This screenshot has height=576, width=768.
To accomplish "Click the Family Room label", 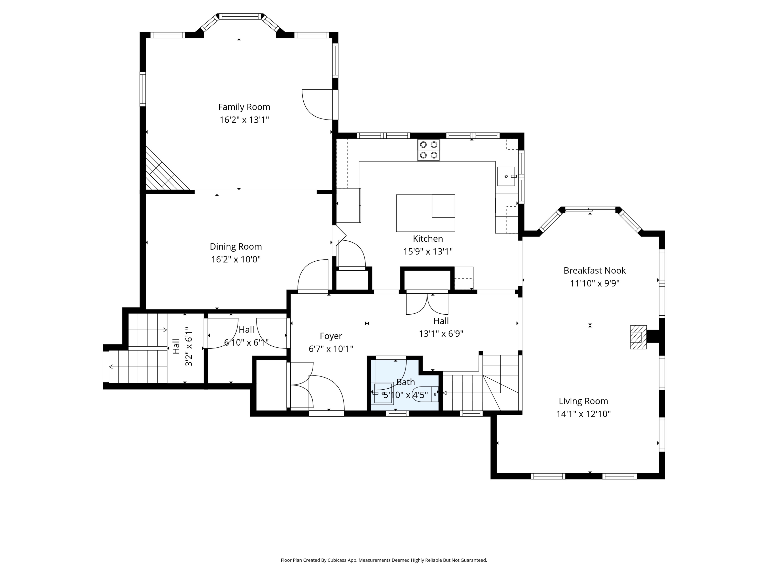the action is point(244,107).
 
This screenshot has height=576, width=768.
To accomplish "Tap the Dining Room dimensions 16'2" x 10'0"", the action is point(236,259).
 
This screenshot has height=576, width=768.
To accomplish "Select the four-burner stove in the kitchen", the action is point(429,150).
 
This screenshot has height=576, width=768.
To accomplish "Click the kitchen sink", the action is point(506,176).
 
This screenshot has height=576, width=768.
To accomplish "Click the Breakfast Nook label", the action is point(595,271).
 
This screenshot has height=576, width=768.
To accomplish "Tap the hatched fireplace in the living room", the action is point(638,337).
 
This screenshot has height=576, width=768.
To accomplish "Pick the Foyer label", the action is point(331,336).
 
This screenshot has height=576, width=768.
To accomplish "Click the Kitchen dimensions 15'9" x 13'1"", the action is point(428,251).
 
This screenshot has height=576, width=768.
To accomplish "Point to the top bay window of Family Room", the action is point(240,16).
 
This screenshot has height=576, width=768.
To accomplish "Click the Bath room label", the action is point(406,382).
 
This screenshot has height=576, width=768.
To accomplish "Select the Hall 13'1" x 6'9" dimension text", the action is point(441,334).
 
